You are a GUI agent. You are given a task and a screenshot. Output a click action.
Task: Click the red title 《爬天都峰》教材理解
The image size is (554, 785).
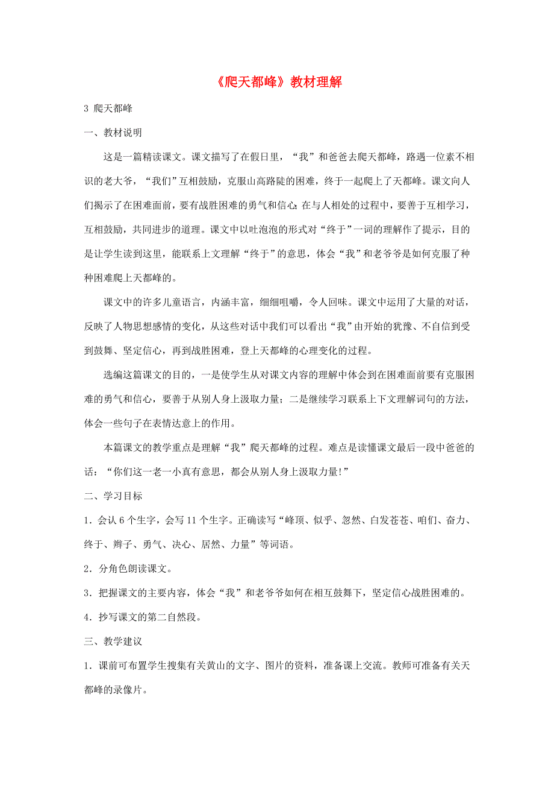pyautogui.click(x=278, y=83)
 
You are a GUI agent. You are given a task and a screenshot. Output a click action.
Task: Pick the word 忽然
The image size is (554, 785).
pyautogui.click(x=346, y=519)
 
